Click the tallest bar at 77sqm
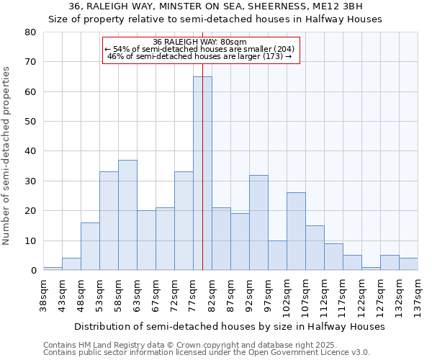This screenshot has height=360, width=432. pyautogui.click(x=202, y=173)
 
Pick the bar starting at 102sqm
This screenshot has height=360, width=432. pyautogui.click(x=296, y=231)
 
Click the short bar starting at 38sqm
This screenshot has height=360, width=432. pyautogui.click(x=53, y=269)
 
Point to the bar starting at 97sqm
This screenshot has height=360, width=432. pyautogui.click(x=277, y=255)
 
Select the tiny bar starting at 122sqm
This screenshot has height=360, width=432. pyautogui.click(x=371, y=269)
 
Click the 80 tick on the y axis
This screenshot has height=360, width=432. pyautogui.click(x=30, y=32)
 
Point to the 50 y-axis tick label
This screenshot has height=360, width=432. pyautogui.click(x=30, y=122)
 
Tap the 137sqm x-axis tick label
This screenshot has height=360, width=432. pyautogui.click(x=418, y=296)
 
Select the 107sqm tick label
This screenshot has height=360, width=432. pyautogui.click(x=306, y=296)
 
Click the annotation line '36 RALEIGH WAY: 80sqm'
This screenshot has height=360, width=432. pyautogui.click(x=199, y=42)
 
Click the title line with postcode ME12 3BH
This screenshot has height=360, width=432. pyautogui.click(x=215, y=6)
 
